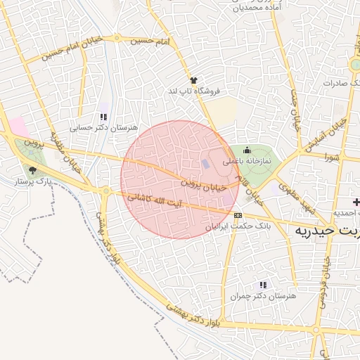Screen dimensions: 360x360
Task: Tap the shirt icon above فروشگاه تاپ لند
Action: pos(193,80)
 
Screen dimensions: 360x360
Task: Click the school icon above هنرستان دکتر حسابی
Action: pos(103,117)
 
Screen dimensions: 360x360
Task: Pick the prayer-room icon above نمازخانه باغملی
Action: pos(247,150)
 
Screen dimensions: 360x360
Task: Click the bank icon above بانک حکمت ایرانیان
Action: pos(238,214)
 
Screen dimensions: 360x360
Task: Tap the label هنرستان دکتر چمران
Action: pos(263,297)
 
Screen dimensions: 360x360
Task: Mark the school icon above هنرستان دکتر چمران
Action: pos(263,285)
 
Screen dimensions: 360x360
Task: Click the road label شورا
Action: pos(332,157)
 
